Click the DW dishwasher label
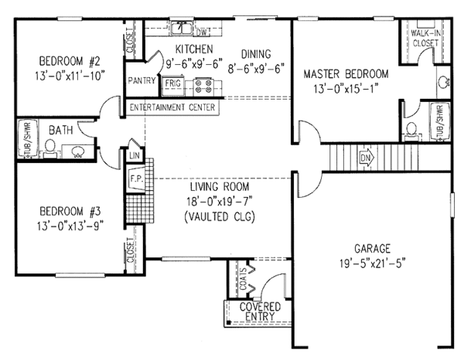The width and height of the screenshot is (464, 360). pos(204,32)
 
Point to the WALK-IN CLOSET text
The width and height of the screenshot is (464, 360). pos(425,39)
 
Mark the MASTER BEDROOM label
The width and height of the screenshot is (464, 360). pos(345,74)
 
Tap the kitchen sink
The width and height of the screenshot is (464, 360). pos(183,29)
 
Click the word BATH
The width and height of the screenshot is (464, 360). pos(60,131)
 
